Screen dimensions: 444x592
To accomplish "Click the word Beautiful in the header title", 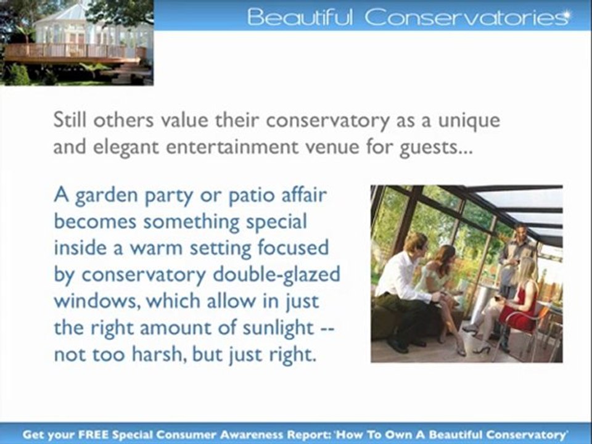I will (x=300, y=17).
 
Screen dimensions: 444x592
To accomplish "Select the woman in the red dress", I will (x=521, y=302).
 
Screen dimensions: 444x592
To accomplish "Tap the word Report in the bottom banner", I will (x=303, y=435).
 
